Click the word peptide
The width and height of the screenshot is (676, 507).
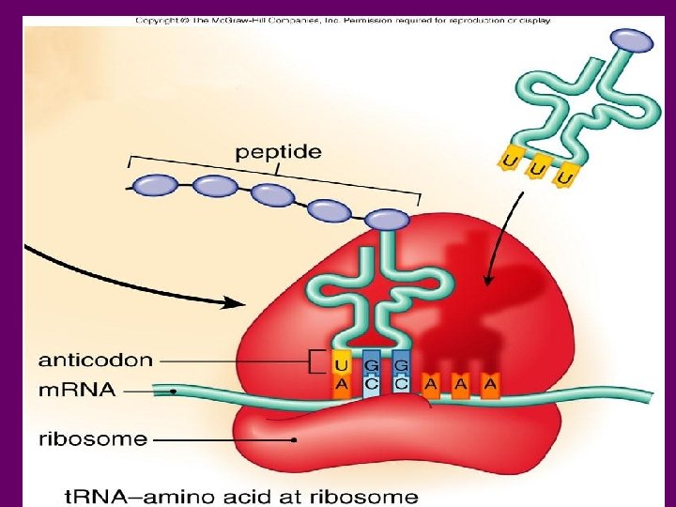[278, 150]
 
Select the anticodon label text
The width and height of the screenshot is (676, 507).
[96, 359]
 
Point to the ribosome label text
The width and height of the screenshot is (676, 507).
[92, 438]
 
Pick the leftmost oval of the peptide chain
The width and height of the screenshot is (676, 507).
[154, 185]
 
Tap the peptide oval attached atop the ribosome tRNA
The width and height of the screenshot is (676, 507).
[387, 221]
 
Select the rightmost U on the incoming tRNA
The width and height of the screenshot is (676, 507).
[564, 177]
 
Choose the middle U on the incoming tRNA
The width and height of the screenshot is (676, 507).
[536, 170]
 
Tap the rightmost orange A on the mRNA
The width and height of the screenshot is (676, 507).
[490, 383]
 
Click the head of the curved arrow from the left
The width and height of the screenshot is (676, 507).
[241, 303]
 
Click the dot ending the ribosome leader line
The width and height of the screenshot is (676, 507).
[294, 438]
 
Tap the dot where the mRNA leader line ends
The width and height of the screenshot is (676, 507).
[175, 390]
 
